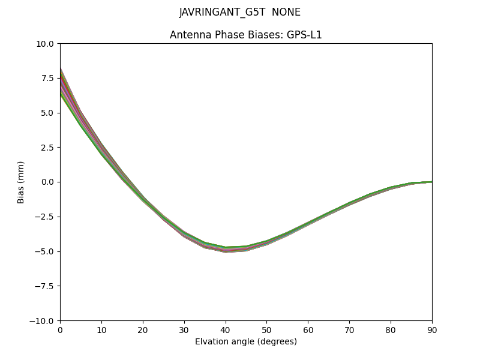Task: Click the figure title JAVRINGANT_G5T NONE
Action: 240,12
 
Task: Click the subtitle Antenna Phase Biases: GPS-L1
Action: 246,35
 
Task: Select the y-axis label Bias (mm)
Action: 21,182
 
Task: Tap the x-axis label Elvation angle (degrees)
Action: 246,341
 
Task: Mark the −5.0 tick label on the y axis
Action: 46,251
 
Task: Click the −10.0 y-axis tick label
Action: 44,320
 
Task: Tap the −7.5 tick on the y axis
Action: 46,286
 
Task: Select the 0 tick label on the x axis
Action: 60,329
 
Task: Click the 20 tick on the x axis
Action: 143,329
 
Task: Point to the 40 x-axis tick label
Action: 226,329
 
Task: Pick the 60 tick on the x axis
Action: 308,329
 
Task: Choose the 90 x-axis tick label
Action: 432,329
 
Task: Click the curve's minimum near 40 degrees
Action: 226,250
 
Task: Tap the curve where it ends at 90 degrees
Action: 431,182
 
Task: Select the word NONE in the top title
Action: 286,12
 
